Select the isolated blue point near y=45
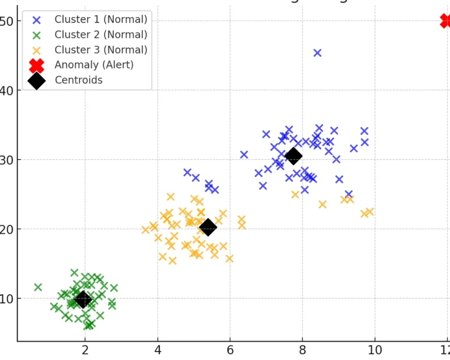coord(317,53)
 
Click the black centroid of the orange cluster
coord(208,227)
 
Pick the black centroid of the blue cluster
coord(294,156)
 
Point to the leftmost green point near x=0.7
coord(38,287)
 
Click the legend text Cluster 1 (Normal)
coord(101,19)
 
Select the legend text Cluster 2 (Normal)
coord(101,34)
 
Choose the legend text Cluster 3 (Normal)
coord(101,50)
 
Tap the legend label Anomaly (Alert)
coord(94,65)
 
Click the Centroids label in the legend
coord(79,80)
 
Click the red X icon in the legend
coord(36,65)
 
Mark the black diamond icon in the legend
coord(36,80)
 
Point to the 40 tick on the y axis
coord(6,91)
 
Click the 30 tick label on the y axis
coord(6,160)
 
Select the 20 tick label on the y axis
coord(6,229)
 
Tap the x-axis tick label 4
coord(158,350)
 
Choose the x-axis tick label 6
coord(230,350)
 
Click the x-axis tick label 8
coord(302,350)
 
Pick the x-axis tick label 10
coord(375,350)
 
